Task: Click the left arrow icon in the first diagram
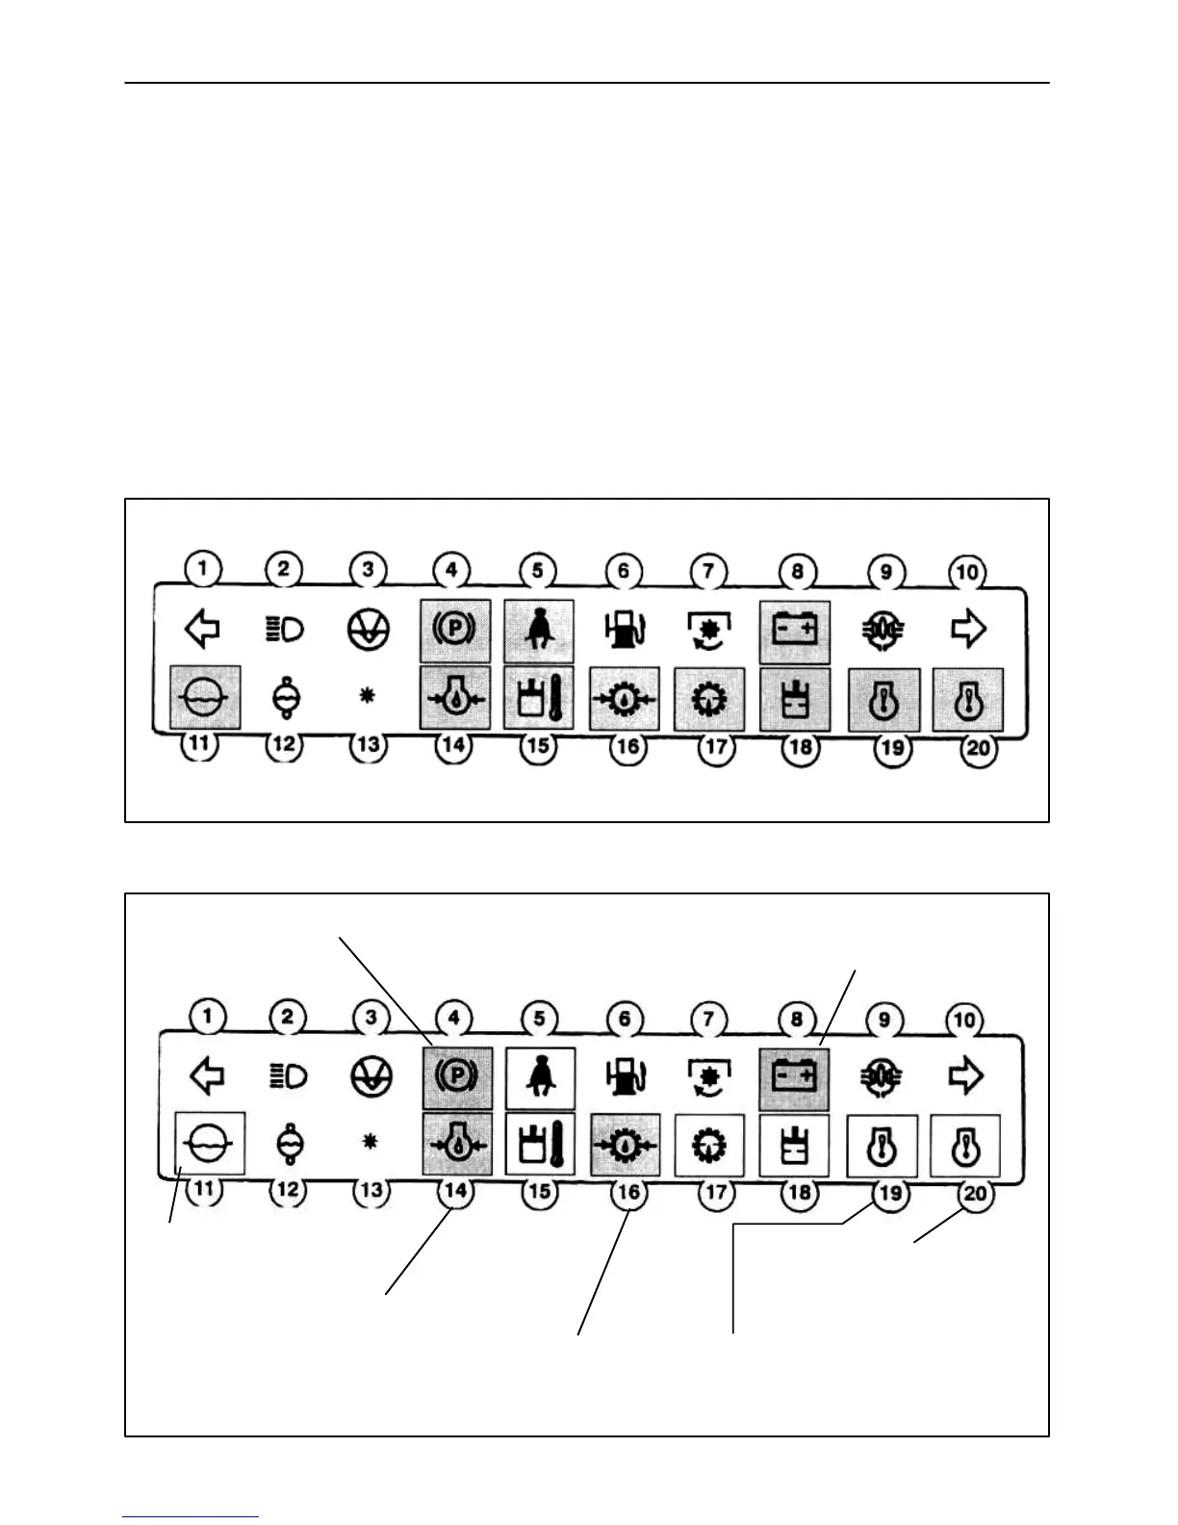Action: (202, 630)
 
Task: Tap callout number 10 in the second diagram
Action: (965, 1021)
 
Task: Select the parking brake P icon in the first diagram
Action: (455, 631)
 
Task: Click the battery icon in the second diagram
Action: (795, 1075)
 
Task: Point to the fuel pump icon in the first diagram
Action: (625, 631)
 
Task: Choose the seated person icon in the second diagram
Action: (540, 1076)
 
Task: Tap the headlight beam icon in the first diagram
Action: (284, 630)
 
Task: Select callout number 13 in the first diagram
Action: (368, 744)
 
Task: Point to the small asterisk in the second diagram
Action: (371, 1143)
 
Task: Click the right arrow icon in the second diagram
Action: (966, 1076)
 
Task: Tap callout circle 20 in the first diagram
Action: (978, 748)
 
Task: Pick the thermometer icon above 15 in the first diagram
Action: (539, 697)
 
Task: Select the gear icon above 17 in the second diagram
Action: (710, 1145)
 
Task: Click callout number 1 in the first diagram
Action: (203, 568)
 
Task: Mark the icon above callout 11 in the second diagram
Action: (210, 1143)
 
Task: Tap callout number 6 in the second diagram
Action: (625, 1020)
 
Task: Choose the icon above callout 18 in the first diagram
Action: (795, 699)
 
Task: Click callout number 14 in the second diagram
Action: (455, 1191)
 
